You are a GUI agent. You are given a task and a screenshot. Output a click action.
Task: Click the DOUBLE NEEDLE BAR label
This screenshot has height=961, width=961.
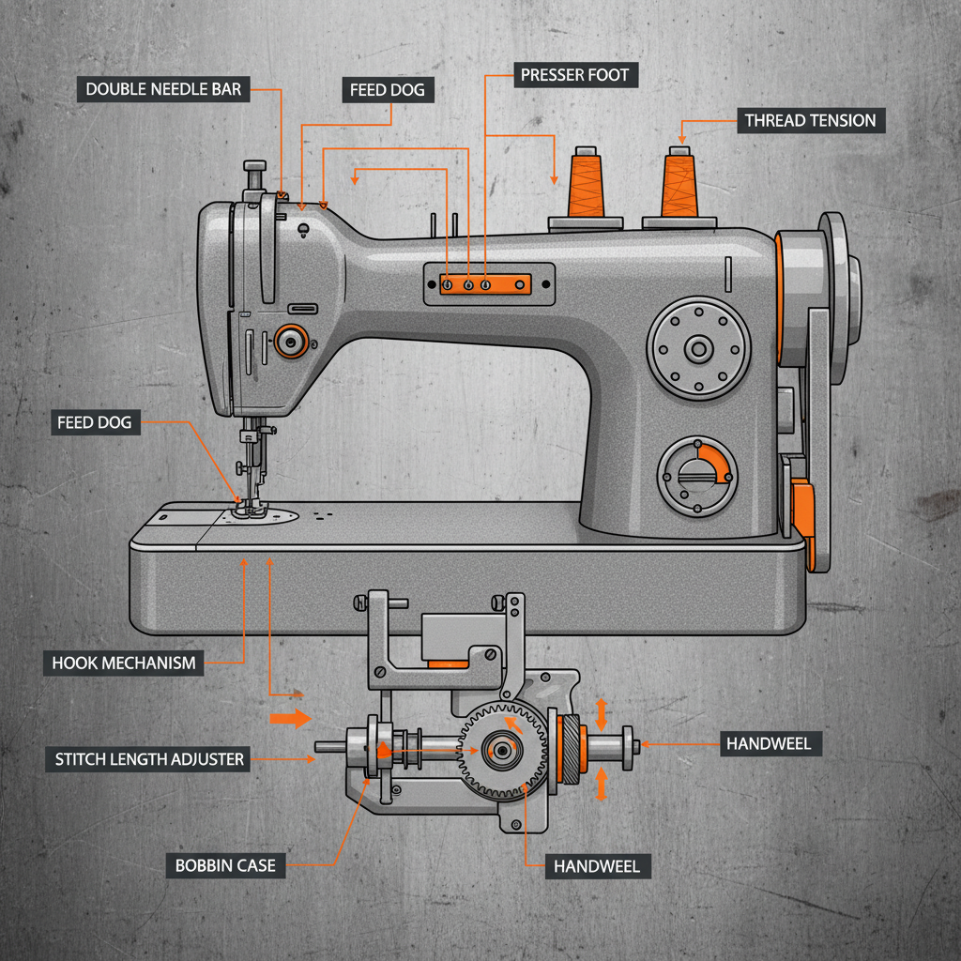(x=163, y=90)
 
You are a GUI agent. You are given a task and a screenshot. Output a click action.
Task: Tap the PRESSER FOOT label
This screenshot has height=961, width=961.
(x=576, y=75)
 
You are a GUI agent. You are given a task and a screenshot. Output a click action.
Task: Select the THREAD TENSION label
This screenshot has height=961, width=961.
(x=811, y=120)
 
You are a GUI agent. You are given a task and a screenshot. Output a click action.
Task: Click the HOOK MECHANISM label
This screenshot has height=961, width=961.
(x=124, y=663)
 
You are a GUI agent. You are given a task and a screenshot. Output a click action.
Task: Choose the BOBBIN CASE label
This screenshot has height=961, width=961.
(x=225, y=865)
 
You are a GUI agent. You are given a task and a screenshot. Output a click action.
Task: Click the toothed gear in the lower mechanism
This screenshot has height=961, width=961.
(x=501, y=750)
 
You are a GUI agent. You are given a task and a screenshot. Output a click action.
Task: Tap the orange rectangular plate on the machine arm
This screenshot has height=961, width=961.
(x=485, y=283)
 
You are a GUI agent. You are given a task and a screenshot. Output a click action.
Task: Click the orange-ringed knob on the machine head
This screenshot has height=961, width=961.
(x=290, y=342)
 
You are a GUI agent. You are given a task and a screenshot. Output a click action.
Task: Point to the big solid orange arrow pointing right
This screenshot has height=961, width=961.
(x=290, y=719)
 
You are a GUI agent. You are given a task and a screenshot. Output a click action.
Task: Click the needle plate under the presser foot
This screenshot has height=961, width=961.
(x=264, y=515)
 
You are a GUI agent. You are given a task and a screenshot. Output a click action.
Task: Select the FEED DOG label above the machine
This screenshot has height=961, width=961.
(x=388, y=91)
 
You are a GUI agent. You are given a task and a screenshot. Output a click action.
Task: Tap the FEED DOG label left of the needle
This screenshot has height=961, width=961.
(x=95, y=422)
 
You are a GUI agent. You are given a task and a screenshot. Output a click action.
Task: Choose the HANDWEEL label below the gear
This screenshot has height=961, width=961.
(x=597, y=866)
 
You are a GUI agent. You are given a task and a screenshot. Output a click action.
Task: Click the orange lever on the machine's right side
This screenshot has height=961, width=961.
(x=802, y=511)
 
